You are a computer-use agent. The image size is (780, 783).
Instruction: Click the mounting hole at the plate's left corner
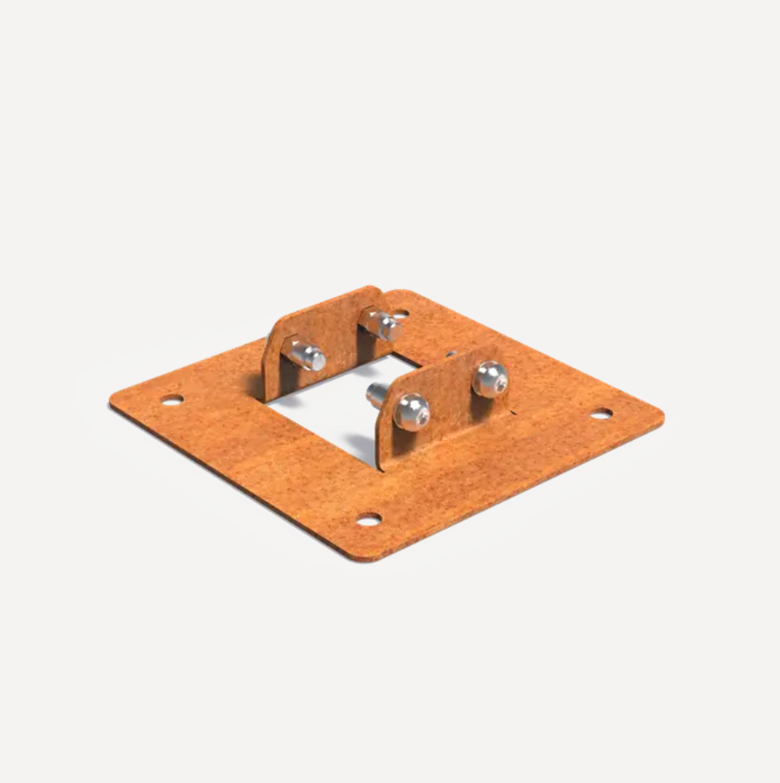click(172, 399)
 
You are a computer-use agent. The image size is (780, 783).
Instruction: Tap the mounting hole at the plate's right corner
click(600, 413)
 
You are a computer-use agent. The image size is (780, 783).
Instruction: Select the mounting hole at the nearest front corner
click(368, 519)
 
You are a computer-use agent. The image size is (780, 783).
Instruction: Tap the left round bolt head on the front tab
click(411, 411)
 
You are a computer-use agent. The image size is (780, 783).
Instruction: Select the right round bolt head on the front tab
click(490, 378)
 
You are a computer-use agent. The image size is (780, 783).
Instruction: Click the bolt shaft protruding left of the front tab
click(376, 393)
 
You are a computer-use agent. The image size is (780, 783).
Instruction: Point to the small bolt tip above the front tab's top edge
click(450, 352)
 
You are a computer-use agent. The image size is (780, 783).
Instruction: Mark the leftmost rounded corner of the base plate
click(113, 401)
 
